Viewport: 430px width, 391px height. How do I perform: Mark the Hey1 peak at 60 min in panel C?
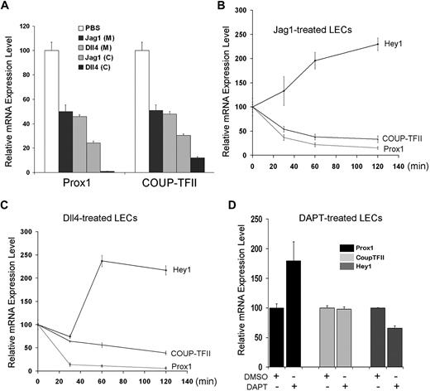pos(102,261)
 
